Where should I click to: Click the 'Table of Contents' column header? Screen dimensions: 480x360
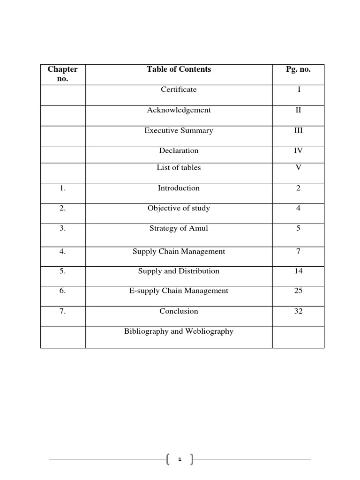pyautogui.click(x=179, y=69)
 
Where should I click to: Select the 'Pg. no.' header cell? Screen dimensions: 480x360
pyautogui.click(x=298, y=69)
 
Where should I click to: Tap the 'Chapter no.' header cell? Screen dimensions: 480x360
pyautogui.click(x=63, y=74)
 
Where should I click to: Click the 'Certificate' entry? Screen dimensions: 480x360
pyautogui.click(x=179, y=90)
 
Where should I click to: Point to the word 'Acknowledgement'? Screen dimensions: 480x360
pyautogui.click(x=179, y=110)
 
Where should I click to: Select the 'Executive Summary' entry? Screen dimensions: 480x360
pyautogui.click(x=179, y=131)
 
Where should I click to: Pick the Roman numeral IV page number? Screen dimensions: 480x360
pyautogui.click(x=298, y=151)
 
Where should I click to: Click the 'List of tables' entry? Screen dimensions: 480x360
pyautogui.click(x=179, y=168)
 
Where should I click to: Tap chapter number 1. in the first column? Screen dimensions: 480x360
pyautogui.click(x=63, y=188)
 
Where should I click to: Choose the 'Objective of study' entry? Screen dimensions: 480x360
pyautogui.click(x=179, y=208)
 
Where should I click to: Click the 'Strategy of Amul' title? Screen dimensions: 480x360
pyautogui.click(x=179, y=229)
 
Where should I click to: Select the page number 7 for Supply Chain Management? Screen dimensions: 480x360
pyautogui.click(x=298, y=252)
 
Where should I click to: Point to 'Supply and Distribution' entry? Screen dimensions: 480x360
pyautogui.click(x=179, y=271)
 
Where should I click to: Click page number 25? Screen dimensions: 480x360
pyautogui.click(x=298, y=291)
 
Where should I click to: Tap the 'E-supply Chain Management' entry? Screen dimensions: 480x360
pyautogui.click(x=179, y=291)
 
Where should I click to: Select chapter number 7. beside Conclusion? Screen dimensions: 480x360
pyautogui.click(x=63, y=311)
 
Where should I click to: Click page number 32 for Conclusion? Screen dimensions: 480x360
pyautogui.click(x=298, y=311)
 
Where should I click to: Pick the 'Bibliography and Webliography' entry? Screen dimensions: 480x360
pyautogui.click(x=179, y=331)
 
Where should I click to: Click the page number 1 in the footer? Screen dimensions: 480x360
pyautogui.click(x=180, y=460)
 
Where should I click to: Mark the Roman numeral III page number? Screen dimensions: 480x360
pyautogui.click(x=298, y=131)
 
